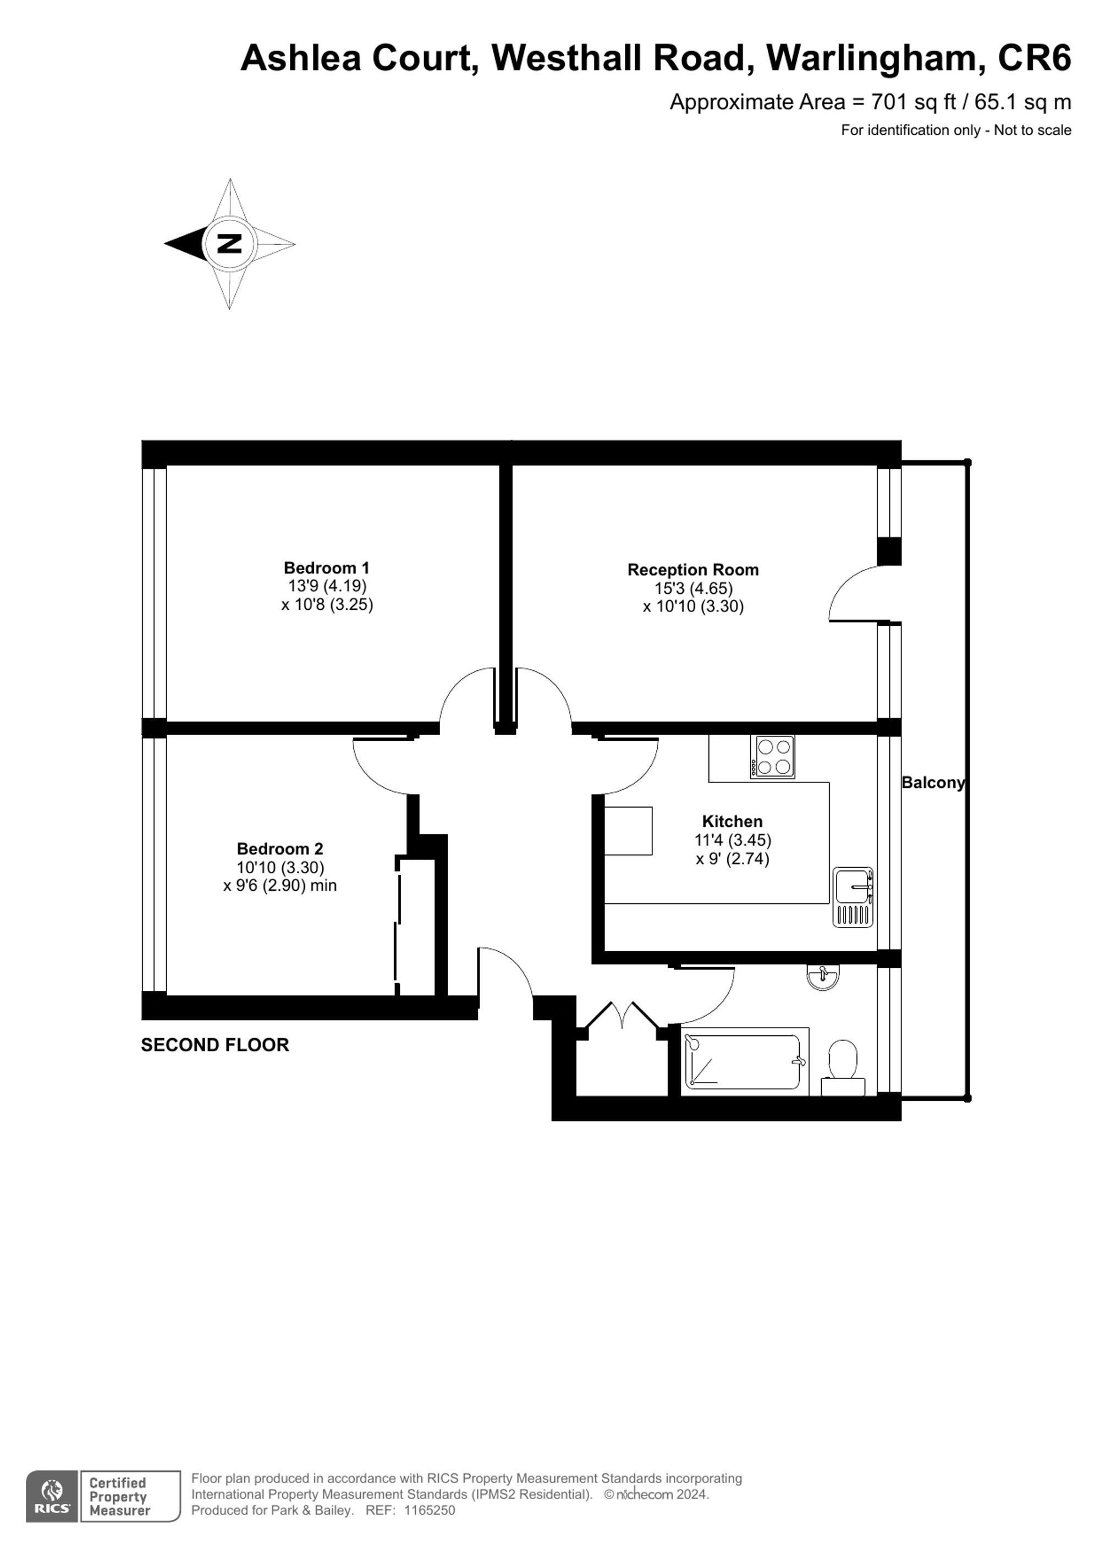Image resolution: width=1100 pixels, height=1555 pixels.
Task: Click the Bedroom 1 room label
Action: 327,567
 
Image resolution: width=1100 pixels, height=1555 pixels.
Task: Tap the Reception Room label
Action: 692,570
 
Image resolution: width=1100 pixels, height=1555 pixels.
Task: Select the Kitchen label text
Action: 732,821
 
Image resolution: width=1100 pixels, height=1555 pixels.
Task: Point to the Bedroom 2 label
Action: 280,848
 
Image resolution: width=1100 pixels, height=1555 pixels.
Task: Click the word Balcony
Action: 932,782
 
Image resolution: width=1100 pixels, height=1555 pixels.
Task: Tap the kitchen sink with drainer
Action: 853,897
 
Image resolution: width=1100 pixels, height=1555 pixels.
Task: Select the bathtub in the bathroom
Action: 743,1061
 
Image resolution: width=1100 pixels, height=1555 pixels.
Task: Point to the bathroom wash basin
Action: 823,977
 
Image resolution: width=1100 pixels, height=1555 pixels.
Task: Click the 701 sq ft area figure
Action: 912,102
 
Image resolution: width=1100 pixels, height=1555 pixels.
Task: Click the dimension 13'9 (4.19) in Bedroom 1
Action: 327,586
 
